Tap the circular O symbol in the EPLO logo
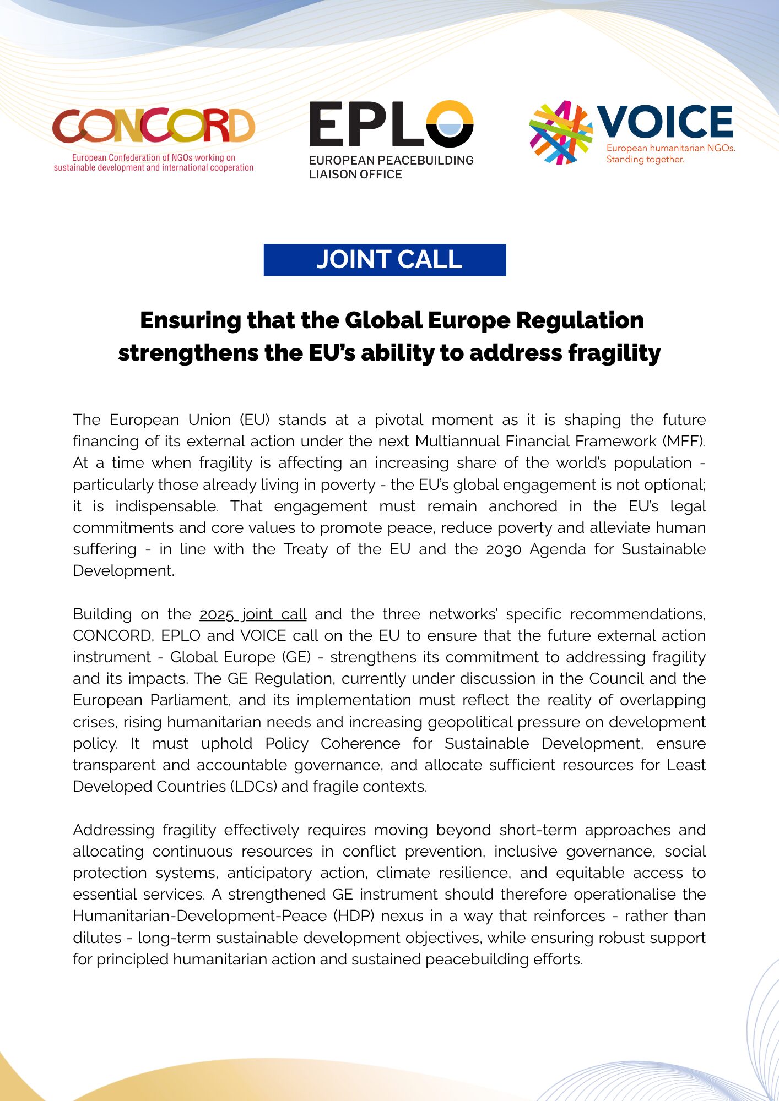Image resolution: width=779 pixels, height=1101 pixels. [x=450, y=124]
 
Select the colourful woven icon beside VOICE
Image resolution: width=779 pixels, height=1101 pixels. [x=560, y=133]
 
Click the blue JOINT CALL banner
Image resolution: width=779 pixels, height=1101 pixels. [x=385, y=260]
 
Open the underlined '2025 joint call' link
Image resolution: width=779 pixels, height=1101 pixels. [x=253, y=614]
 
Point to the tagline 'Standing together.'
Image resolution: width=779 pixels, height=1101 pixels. [x=645, y=160]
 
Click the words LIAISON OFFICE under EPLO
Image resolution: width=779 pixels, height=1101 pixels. [x=355, y=175]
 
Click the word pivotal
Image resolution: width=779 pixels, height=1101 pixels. [x=398, y=420]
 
